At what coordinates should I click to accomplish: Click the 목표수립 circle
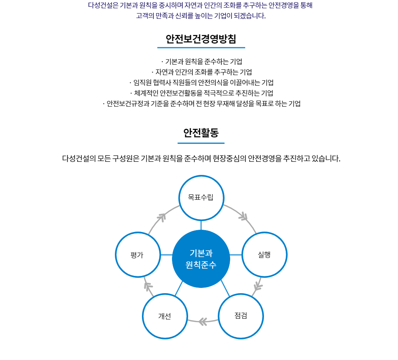(x=201, y=198)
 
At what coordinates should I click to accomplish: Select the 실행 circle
(x=264, y=255)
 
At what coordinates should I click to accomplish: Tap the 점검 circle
(x=241, y=316)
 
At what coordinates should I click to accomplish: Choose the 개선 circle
(x=165, y=316)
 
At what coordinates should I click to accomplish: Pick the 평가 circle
(x=137, y=255)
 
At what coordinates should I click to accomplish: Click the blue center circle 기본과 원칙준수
(x=201, y=259)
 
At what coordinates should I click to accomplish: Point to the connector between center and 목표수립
(x=201, y=225)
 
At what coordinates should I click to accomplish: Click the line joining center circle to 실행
(x=236, y=255)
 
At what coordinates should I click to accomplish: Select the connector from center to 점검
(x=225, y=288)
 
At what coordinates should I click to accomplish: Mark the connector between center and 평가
(x=166, y=255)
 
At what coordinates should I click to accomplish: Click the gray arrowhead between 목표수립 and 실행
(x=243, y=217)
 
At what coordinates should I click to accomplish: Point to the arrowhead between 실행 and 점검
(x=258, y=286)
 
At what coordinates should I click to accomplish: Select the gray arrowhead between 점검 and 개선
(x=202, y=321)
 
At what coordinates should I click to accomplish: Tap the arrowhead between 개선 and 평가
(x=148, y=286)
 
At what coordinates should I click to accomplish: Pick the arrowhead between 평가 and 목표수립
(x=161, y=217)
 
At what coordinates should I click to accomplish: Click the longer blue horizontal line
(x=201, y=48)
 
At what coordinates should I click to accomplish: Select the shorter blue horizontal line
(x=201, y=143)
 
